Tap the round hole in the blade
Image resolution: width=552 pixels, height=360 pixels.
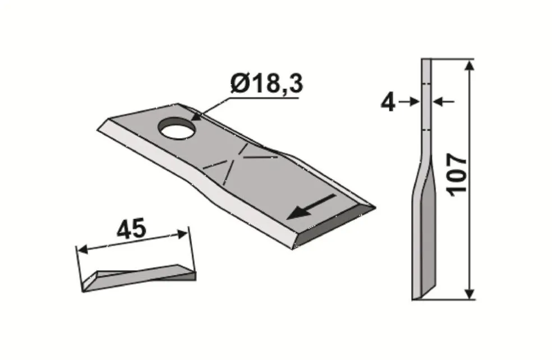point(177,128)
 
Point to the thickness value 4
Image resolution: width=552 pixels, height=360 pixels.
point(388,103)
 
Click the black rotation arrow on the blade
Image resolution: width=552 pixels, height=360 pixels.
point(311,206)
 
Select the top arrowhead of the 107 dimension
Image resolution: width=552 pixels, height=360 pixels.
point(469,66)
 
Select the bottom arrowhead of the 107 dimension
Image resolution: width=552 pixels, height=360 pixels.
point(469,293)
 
